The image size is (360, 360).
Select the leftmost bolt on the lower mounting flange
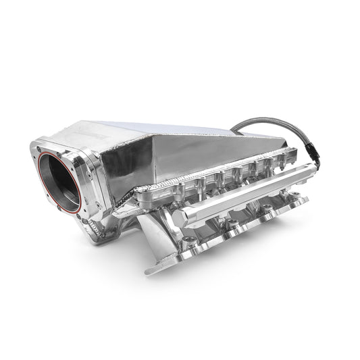[190, 242]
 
